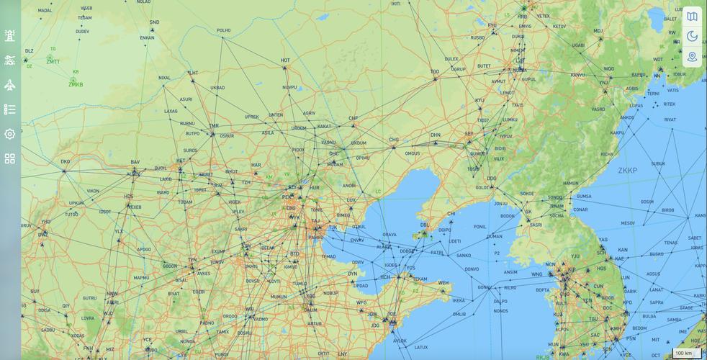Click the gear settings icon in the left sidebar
(9, 134)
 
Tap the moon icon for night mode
(692, 36)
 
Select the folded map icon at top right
(692, 16)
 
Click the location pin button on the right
(692, 56)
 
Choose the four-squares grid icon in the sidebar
(9, 158)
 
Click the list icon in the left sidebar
(9, 109)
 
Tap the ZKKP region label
(627, 171)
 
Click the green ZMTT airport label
(53, 62)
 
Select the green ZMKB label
(76, 85)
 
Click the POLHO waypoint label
(223, 31)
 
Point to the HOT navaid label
(285, 60)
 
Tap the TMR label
(213, 126)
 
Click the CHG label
(394, 140)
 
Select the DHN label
(436, 135)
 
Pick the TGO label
(435, 72)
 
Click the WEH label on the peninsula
(443, 283)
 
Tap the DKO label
(65, 162)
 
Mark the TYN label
(192, 260)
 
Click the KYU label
(479, 101)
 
